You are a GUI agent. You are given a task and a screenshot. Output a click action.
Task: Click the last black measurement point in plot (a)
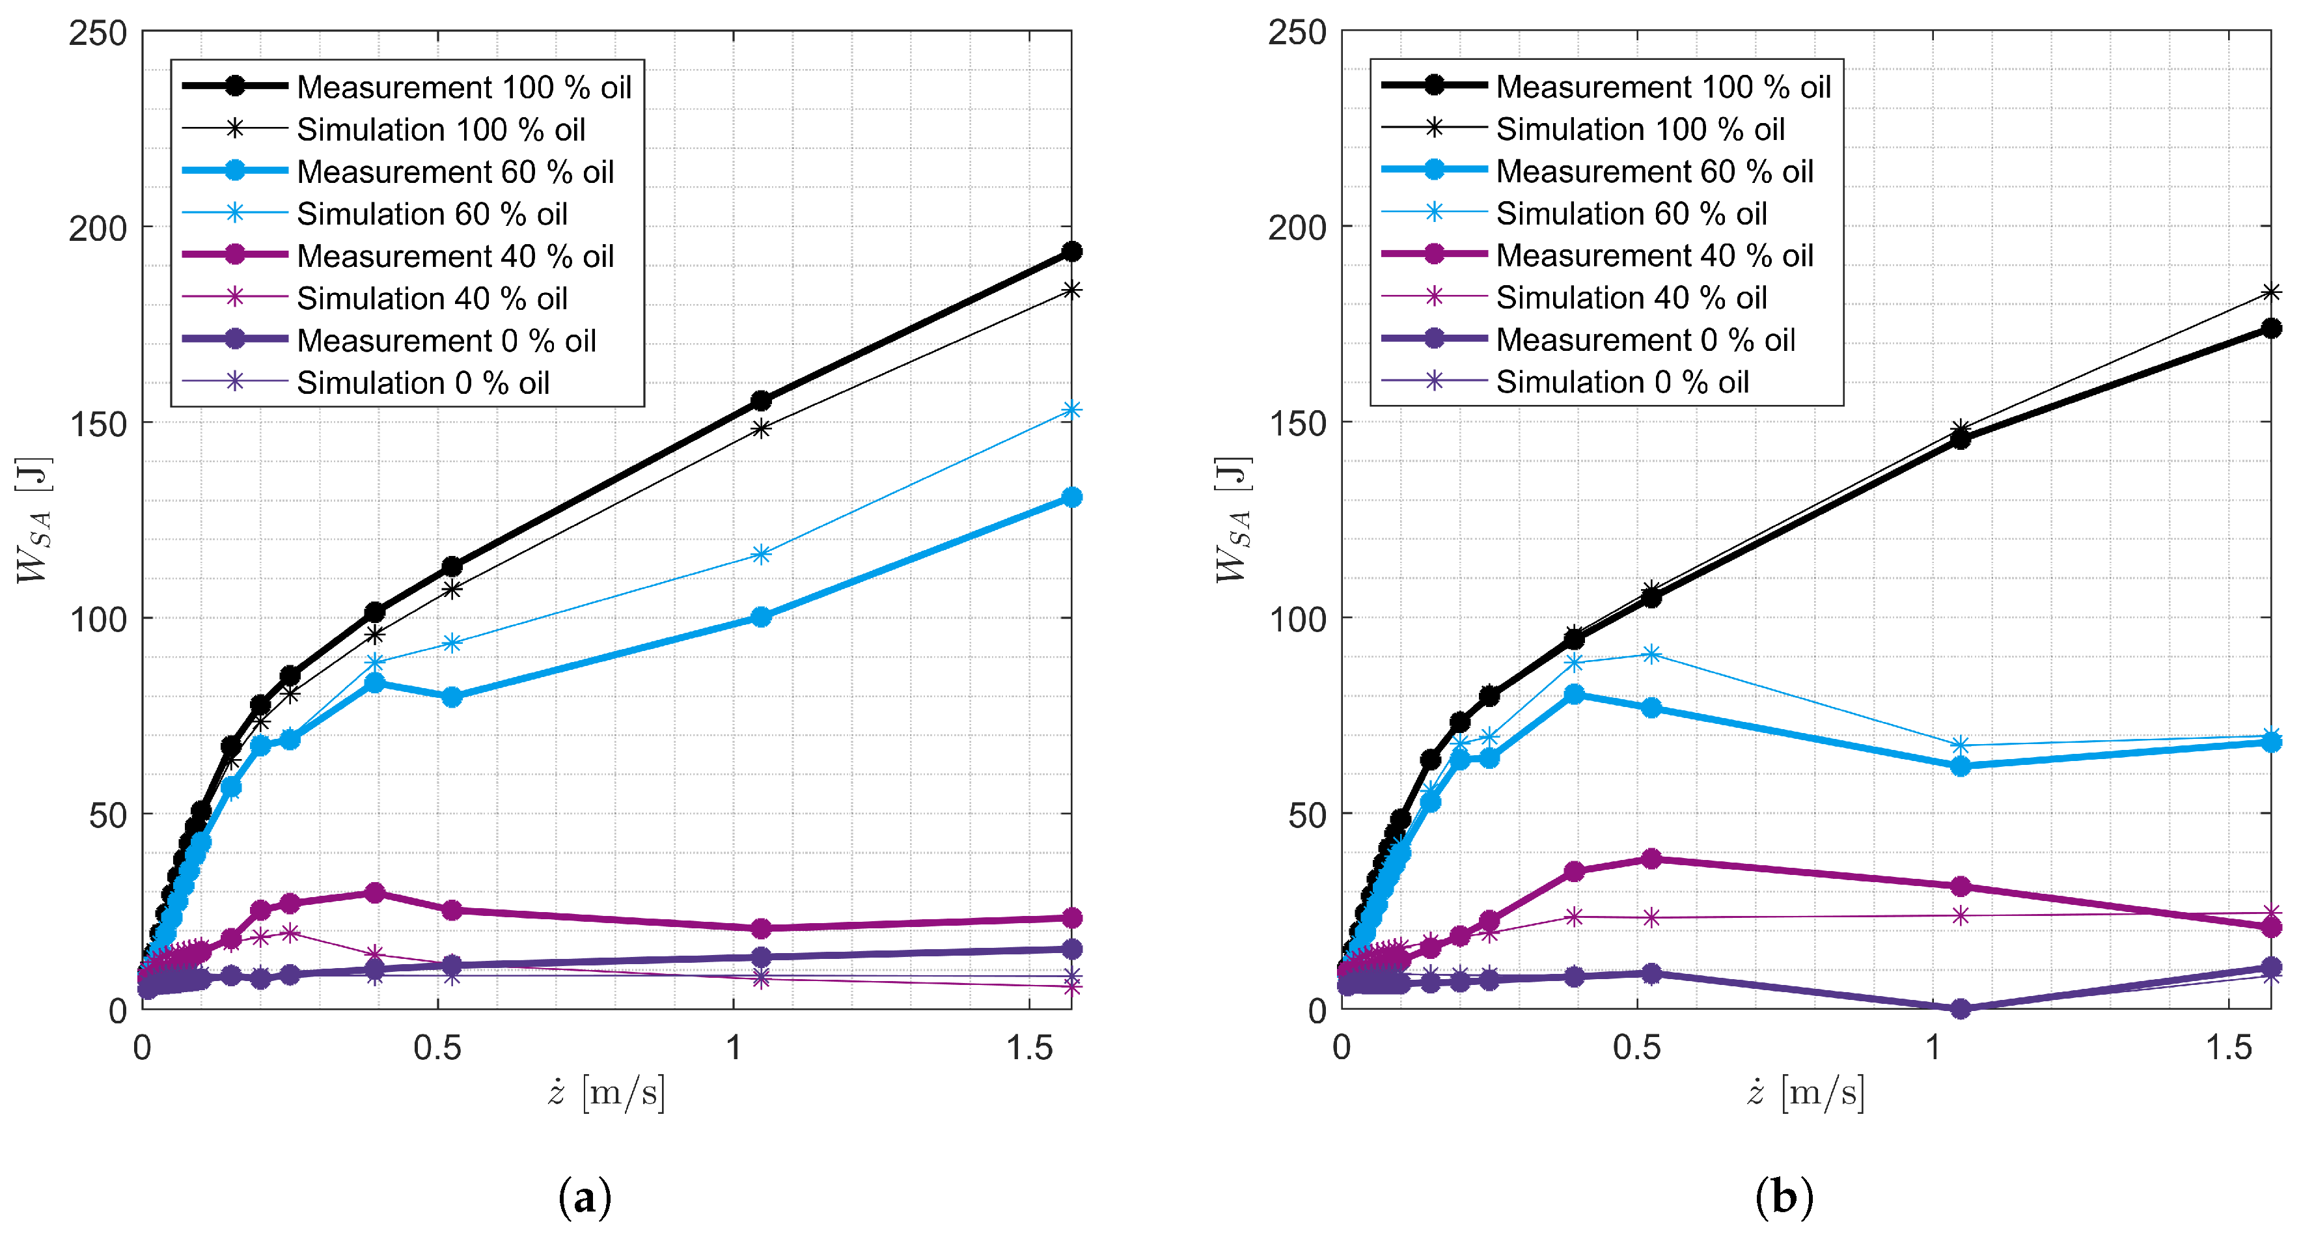(1071, 252)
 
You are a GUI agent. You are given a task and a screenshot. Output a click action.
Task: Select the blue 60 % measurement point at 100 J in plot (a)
(761, 616)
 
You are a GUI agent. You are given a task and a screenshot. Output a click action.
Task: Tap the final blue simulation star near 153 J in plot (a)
(1071, 410)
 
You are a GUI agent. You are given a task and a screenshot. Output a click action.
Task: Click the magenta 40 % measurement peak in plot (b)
(1651, 859)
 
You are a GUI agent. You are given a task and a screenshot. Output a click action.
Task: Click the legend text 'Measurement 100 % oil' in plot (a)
(463, 87)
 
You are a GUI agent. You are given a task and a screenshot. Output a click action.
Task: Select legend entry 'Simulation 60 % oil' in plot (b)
(1631, 214)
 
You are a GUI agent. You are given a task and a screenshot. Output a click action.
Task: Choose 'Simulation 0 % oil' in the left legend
(422, 382)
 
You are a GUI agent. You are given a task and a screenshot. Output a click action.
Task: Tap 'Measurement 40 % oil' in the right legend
(1654, 256)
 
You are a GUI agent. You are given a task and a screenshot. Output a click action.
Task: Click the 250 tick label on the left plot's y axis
(98, 33)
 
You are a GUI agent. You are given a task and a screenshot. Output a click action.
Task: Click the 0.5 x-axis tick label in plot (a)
(437, 1047)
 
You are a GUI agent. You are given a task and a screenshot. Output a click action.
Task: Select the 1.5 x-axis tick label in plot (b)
(2229, 1047)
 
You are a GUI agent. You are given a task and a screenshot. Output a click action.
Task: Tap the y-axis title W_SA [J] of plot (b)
(1233, 520)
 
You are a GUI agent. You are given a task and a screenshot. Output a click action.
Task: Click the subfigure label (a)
(585, 1197)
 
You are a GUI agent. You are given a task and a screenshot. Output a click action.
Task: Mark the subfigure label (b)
(1784, 1197)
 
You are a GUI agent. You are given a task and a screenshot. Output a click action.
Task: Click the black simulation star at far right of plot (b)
(2270, 292)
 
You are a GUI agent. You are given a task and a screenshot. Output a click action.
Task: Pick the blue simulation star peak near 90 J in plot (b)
(1651, 654)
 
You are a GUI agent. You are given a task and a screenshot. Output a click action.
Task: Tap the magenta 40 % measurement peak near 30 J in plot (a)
(375, 893)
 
